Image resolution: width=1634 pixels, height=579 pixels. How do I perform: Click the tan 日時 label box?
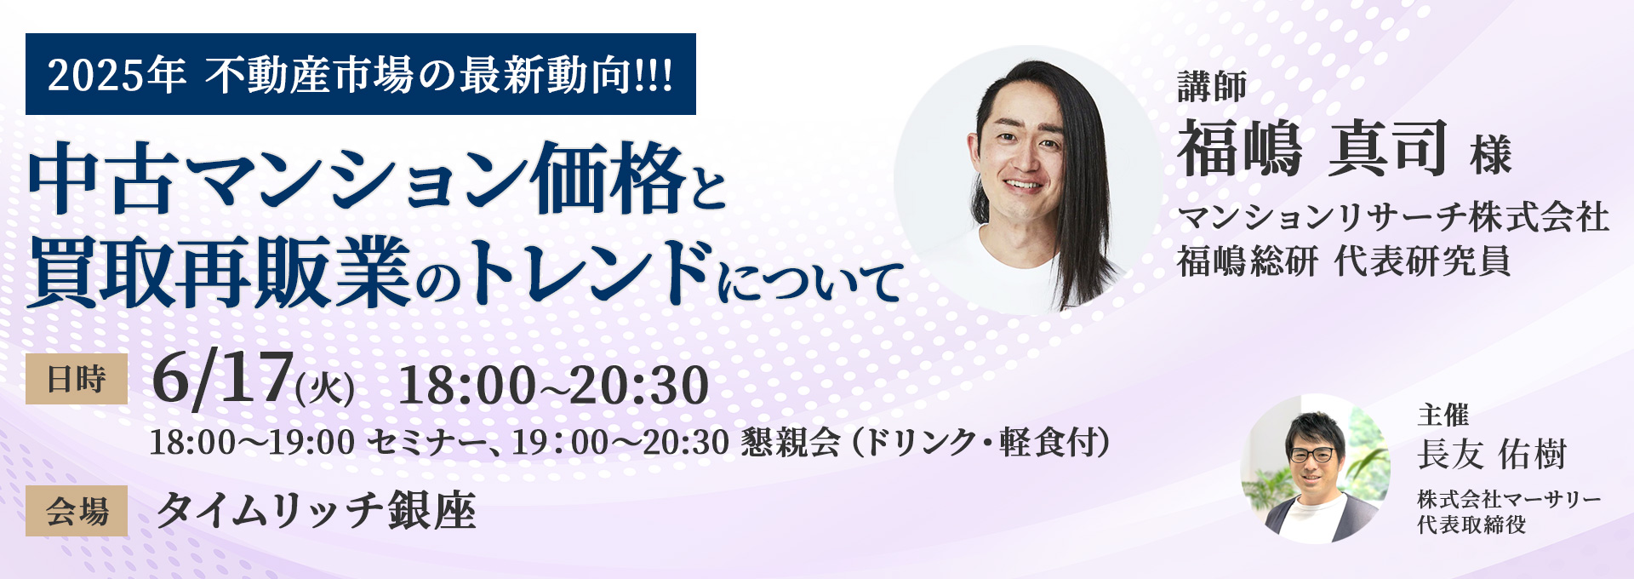coord(77,379)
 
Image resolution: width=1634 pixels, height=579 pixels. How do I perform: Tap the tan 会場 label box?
coord(77,511)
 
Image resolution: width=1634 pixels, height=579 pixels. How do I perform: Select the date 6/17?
coord(223,379)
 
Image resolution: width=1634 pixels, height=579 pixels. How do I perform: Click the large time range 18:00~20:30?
coord(553,385)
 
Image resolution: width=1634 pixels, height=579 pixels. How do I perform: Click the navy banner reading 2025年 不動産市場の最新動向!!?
coord(361,75)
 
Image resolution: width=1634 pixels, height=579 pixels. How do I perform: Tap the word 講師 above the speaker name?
coord(1212,87)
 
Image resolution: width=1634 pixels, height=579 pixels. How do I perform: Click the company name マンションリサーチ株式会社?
coord(1392,217)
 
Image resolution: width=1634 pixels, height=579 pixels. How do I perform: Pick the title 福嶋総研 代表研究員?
coord(1343,261)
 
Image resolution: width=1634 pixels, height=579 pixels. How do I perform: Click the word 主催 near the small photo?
coord(1443,416)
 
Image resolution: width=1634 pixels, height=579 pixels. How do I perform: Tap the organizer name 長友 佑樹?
coord(1491,454)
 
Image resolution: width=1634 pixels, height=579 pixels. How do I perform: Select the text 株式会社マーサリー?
coord(1508,500)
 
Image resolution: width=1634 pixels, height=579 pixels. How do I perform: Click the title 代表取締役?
coord(1471,525)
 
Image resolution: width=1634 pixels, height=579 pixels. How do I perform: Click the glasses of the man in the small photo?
coord(1311,455)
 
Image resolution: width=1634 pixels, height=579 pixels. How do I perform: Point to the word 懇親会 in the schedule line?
coord(790,442)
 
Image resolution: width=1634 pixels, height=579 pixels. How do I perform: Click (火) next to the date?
coord(325,389)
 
